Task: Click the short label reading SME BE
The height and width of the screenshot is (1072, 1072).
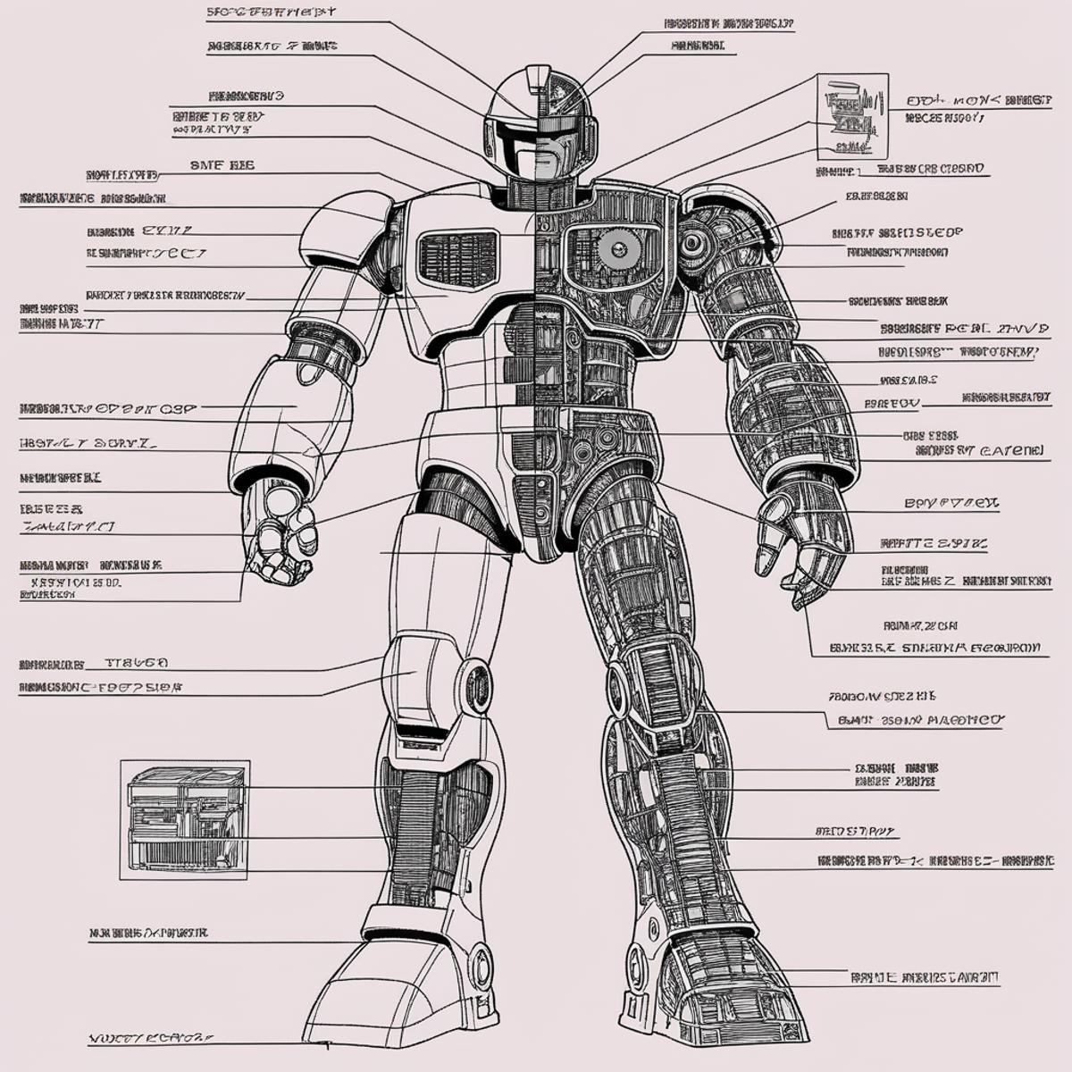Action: click(222, 164)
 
